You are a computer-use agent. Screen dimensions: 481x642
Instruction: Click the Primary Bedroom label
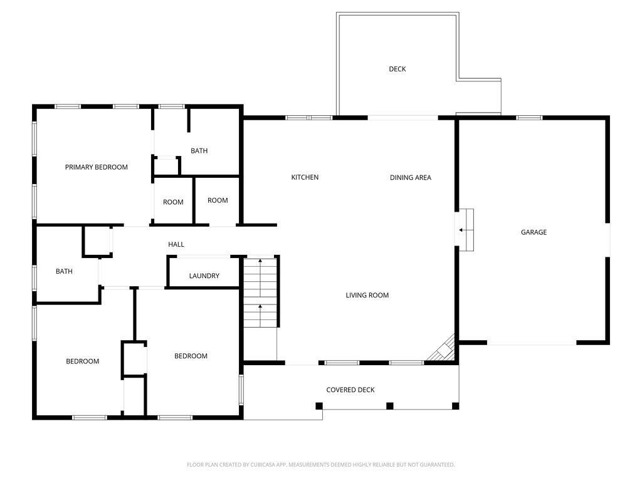[97, 167]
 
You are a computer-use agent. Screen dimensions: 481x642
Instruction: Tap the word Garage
[534, 232]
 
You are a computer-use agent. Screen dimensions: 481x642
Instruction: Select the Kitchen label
[305, 177]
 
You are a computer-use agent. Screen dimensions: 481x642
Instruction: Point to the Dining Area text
[410, 177]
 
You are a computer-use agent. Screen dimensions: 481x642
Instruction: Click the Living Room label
[367, 295]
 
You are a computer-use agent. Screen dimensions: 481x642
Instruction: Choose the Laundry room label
[204, 276]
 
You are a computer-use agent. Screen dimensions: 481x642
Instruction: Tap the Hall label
[176, 244]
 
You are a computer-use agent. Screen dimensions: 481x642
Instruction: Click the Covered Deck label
[350, 390]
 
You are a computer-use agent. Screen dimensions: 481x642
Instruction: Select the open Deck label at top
[397, 69]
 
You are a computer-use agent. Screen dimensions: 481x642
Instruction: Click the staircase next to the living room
[260, 293]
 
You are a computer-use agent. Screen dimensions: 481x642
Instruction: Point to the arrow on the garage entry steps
[462, 230]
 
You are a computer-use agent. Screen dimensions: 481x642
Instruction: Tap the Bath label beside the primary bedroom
[199, 151]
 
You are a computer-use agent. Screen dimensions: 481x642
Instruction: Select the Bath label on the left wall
[64, 271]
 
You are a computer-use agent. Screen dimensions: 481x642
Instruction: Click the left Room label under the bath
[173, 202]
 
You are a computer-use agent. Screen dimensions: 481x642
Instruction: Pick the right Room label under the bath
[218, 200]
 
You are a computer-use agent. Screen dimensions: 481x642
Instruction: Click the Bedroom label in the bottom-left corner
[83, 361]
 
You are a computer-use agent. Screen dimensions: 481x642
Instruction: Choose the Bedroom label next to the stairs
[191, 356]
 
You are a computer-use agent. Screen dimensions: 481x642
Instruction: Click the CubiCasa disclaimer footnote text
[321, 465]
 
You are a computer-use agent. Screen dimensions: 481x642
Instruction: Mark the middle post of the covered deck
[389, 406]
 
